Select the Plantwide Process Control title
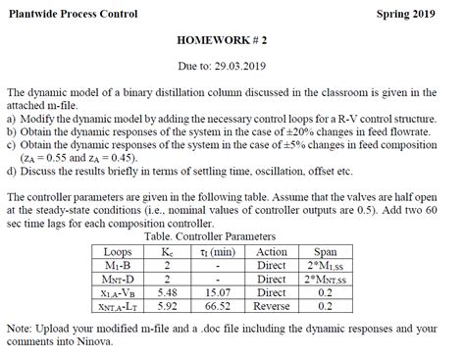tap(73, 13)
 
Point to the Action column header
tap(270, 251)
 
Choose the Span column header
tap(325, 251)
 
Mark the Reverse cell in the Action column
tap(270, 305)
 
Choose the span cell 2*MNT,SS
tap(325, 279)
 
